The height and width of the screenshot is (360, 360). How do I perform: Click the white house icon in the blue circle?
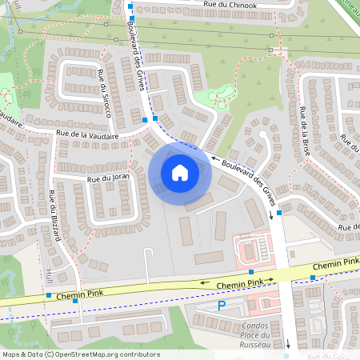(x=180, y=172)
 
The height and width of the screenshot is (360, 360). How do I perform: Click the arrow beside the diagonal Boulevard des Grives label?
(x=213, y=158)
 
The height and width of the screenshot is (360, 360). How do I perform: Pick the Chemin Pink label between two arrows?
(x=240, y=284)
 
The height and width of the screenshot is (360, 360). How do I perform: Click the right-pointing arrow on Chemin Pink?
(x=271, y=279)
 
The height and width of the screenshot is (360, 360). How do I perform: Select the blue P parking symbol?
(x=222, y=306)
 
